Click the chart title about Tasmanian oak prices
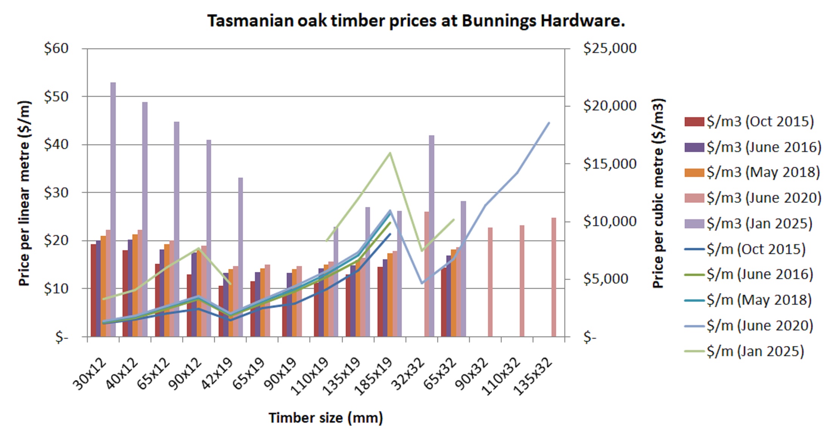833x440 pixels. [416, 20]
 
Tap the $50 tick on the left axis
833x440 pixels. [56, 97]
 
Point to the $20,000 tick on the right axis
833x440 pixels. [609, 106]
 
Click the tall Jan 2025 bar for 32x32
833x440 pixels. [432, 234]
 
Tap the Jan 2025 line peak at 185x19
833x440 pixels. [390, 153]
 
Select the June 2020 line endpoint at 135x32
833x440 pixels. [549, 123]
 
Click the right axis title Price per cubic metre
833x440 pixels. [658, 193]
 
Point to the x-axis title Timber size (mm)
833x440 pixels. [326, 418]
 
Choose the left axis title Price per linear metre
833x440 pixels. [24, 193]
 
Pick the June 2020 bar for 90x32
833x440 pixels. [490, 282]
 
